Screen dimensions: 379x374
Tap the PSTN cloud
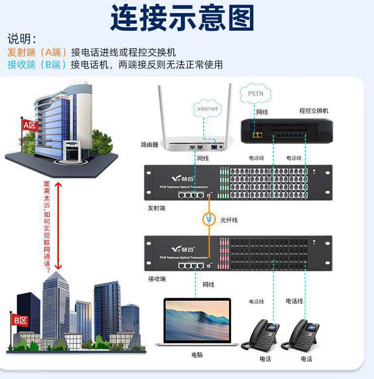[x=255, y=93]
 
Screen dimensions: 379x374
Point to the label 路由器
[x=150, y=145]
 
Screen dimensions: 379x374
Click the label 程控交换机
[x=314, y=111]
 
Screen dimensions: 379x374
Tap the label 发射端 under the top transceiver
[x=157, y=208]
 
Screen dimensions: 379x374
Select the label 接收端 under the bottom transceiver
[x=157, y=279]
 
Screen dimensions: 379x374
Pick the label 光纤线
[x=229, y=220]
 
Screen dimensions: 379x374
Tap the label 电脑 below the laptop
[x=197, y=355]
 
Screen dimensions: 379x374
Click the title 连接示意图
[x=182, y=18]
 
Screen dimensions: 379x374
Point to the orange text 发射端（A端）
[x=37, y=53]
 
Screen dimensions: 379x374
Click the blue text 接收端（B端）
[x=37, y=64]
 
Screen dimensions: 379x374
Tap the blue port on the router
[x=214, y=146]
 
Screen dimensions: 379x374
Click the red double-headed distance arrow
[x=58, y=225]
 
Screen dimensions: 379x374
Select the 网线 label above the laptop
[x=208, y=284]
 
